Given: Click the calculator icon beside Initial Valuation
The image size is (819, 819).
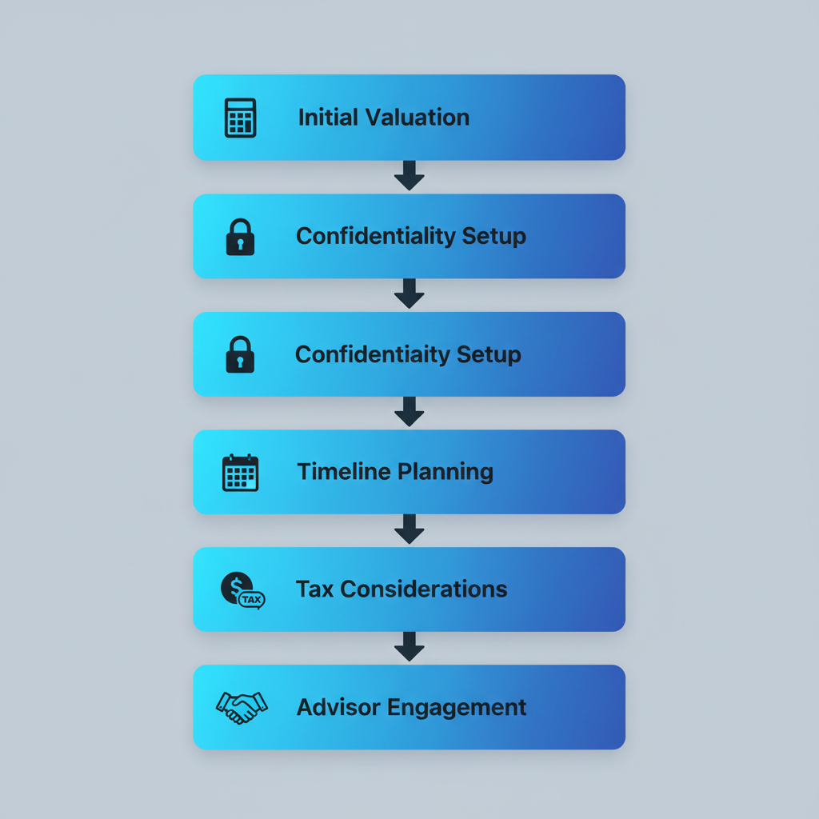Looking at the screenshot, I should pyautogui.click(x=240, y=118).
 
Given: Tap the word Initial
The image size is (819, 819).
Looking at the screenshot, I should pyautogui.click(x=328, y=118).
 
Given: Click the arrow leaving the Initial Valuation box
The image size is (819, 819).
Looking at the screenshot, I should pyautogui.click(x=409, y=176).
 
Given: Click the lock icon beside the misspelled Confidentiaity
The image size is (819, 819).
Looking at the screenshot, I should pyautogui.click(x=240, y=354).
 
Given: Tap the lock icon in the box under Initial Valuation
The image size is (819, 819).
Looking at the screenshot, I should pyautogui.click(x=240, y=237).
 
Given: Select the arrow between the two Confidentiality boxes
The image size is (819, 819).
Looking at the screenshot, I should pyautogui.click(x=409, y=294).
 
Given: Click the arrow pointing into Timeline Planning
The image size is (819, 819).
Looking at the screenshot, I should pyautogui.click(x=409, y=412).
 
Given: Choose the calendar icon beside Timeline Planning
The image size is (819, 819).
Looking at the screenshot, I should pyautogui.click(x=240, y=472).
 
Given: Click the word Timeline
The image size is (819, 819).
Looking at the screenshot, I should pyautogui.click(x=343, y=472).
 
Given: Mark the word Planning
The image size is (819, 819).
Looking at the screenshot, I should pyautogui.click(x=445, y=472).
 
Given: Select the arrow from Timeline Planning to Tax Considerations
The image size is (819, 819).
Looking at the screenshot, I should pyautogui.click(x=409, y=529).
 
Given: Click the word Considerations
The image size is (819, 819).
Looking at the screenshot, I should pyautogui.click(x=424, y=589).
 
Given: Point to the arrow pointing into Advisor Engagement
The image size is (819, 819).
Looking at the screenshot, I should pyautogui.click(x=409, y=647).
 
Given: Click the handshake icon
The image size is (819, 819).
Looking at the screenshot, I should pyautogui.click(x=242, y=707).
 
